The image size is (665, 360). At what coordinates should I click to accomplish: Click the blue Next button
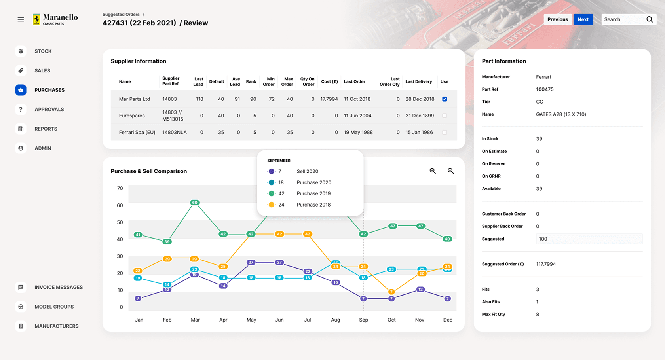click(x=583, y=19)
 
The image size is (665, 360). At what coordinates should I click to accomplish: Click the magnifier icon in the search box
click(x=650, y=19)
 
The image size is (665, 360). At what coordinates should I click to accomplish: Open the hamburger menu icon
click(x=21, y=19)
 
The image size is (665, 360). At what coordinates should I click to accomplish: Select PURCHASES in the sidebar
click(x=49, y=90)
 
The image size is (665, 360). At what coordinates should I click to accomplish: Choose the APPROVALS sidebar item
click(x=49, y=109)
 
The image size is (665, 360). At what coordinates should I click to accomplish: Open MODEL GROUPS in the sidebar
click(x=54, y=307)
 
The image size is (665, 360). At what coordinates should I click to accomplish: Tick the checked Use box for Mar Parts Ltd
click(x=445, y=99)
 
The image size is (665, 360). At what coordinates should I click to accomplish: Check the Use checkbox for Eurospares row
click(x=445, y=116)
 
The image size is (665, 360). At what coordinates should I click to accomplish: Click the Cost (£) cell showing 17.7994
click(x=329, y=99)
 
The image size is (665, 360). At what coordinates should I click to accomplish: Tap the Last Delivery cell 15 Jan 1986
click(x=419, y=132)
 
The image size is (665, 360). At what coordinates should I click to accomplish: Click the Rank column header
click(x=251, y=81)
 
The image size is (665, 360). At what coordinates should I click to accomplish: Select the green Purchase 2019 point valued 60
click(x=194, y=203)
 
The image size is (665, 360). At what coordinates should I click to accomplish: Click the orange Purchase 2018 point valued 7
click(x=391, y=292)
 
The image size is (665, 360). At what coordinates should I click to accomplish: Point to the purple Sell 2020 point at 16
click(x=335, y=282)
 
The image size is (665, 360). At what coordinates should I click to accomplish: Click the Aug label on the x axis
click(x=335, y=320)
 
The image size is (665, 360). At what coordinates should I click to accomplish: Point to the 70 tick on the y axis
click(x=120, y=188)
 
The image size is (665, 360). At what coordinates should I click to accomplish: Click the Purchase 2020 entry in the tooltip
click(x=313, y=182)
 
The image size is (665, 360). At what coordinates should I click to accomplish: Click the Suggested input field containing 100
click(x=589, y=239)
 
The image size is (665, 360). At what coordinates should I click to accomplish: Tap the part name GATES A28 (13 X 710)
click(x=561, y=114)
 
